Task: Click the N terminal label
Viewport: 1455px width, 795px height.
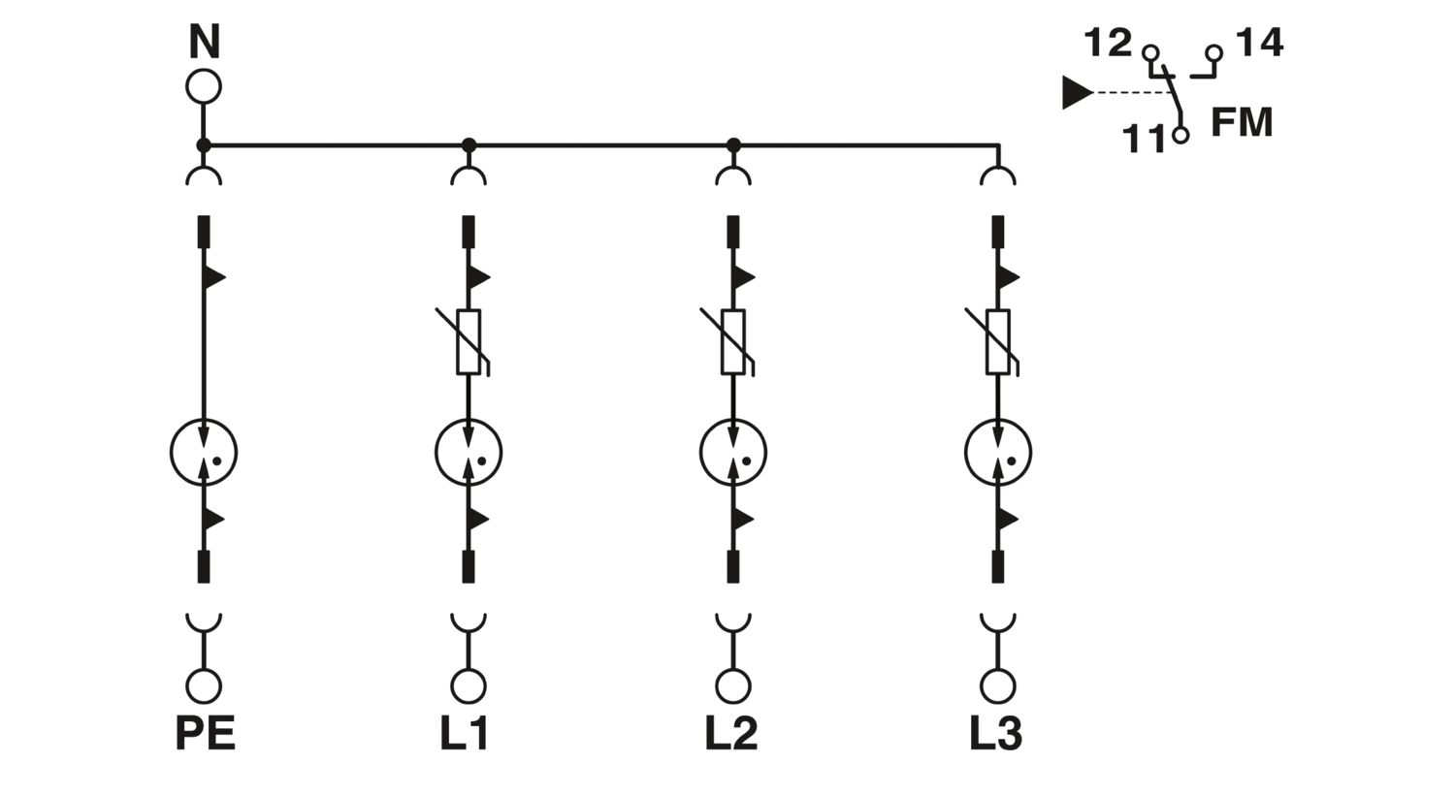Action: [x=204, y=42]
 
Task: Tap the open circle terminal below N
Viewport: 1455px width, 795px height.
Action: [x=204, y=86]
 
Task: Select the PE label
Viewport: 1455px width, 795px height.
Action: [x=206, y=733]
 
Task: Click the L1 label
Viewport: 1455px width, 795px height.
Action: [x=465, y=733]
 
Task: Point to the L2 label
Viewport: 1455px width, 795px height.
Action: [x=731, y=733]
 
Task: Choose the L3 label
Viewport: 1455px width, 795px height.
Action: [x=996, y=733]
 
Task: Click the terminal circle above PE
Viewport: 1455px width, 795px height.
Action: [x=204, y=686]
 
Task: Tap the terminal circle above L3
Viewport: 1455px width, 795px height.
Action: [x=998, y=686]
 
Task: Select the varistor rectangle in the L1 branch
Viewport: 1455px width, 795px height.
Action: [x=469, y=342]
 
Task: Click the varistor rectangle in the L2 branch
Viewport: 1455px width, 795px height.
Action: [x=733, y=342]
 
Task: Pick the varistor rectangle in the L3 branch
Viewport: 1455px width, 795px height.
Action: [x=998, y=342]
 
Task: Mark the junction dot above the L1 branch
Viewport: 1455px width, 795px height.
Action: [x=469, y=145]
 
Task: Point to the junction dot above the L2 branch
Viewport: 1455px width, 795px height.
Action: [x=733, y=145]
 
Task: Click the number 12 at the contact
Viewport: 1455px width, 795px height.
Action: [x=1108, y=43]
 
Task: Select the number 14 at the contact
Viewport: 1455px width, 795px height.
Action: [x=1259, y=43]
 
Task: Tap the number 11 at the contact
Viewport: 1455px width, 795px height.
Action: [x=1145, y=139]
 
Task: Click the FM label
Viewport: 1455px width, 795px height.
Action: [x=1242, y=122]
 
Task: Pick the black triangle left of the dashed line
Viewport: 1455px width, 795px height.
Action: [x=1077, y=92]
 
